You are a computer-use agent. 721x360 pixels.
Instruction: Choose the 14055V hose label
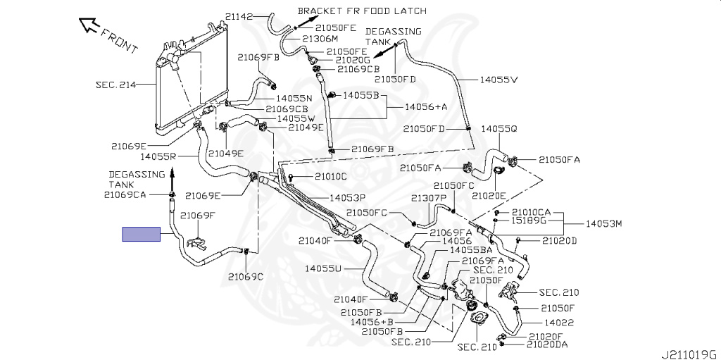point(499,80)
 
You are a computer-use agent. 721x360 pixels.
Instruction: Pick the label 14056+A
point(427,107)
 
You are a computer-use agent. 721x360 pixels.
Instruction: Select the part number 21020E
point(489,195)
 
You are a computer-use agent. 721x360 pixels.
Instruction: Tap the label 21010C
point(330,176)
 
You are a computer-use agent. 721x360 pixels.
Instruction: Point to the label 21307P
point(429,198)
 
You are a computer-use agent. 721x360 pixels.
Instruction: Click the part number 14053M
point(604,224)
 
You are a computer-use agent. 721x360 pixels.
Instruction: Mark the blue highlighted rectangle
point(142,235)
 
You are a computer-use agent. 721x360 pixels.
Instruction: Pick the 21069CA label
point(125,194)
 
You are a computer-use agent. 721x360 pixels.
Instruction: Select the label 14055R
point(157,156)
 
